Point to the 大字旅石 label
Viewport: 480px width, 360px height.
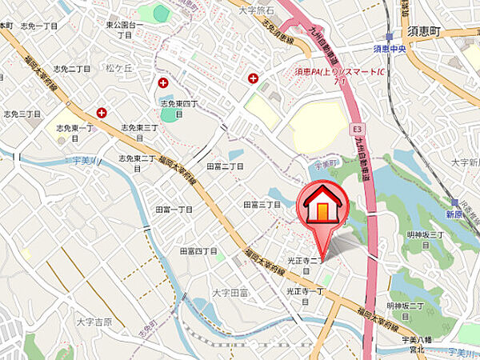coord(257,10)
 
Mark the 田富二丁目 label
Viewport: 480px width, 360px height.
coord(225,166)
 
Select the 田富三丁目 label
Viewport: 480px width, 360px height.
coord(262,205)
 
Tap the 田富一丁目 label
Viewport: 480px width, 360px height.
coord(174,209)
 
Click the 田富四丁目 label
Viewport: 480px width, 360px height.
coord(198,251)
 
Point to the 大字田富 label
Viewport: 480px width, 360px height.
coord(230,293)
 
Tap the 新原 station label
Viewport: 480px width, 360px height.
coord(455,215)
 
